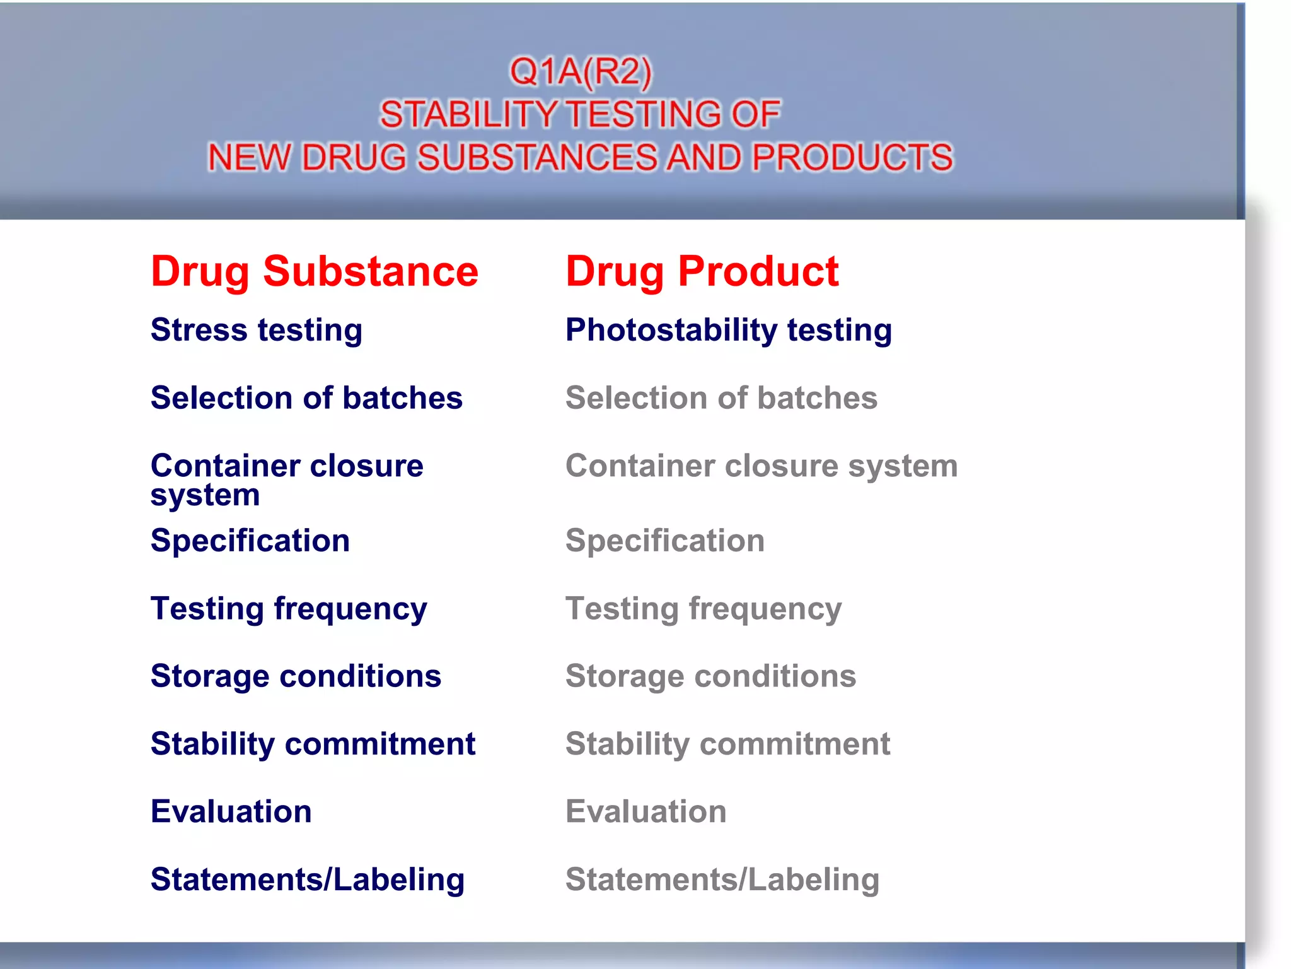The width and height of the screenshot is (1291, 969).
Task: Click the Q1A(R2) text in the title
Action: pyautogui.click(x=580, y=71)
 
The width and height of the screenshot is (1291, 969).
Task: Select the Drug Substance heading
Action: pyautogui.click(x=314, y=272)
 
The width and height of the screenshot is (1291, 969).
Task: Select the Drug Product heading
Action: pyautogui.click(x=702, y=272)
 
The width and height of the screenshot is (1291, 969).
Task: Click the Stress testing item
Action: pyautogui.click(x=256, y=330)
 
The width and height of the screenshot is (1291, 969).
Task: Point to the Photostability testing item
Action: pyautogui.click(x=728, y=330)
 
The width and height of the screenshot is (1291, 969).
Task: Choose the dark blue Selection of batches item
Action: pyautogui.click(x=306, y=398)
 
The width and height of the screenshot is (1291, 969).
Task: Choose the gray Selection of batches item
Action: pyautogui.click(x=721, y=398)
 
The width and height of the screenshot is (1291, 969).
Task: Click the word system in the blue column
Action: pyautogui.click(x=205, y=496)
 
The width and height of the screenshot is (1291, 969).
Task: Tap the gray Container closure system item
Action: pyautogui.click(x=761, y=466)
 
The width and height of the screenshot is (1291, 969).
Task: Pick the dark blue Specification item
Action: pyautogui.click(x=250, y=541)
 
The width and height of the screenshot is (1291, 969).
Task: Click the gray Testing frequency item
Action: pyautogui.click(x=703, y=609)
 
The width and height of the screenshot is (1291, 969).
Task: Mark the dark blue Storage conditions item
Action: pyautogui.click(x=296, y=676)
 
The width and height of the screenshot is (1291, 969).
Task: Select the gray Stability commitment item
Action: pyautogui.click(x=727, y=744)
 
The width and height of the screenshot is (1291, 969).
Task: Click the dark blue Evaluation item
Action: pyautogui.click(x=231, y=811)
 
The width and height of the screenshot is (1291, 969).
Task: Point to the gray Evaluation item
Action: pyautogui.click(x=645, y=811)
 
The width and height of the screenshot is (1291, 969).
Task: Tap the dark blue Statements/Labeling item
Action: pyautogui.click(x=307, y=879)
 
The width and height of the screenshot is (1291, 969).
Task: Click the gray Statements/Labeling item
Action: pyautogui.click(x=722, y=879)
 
